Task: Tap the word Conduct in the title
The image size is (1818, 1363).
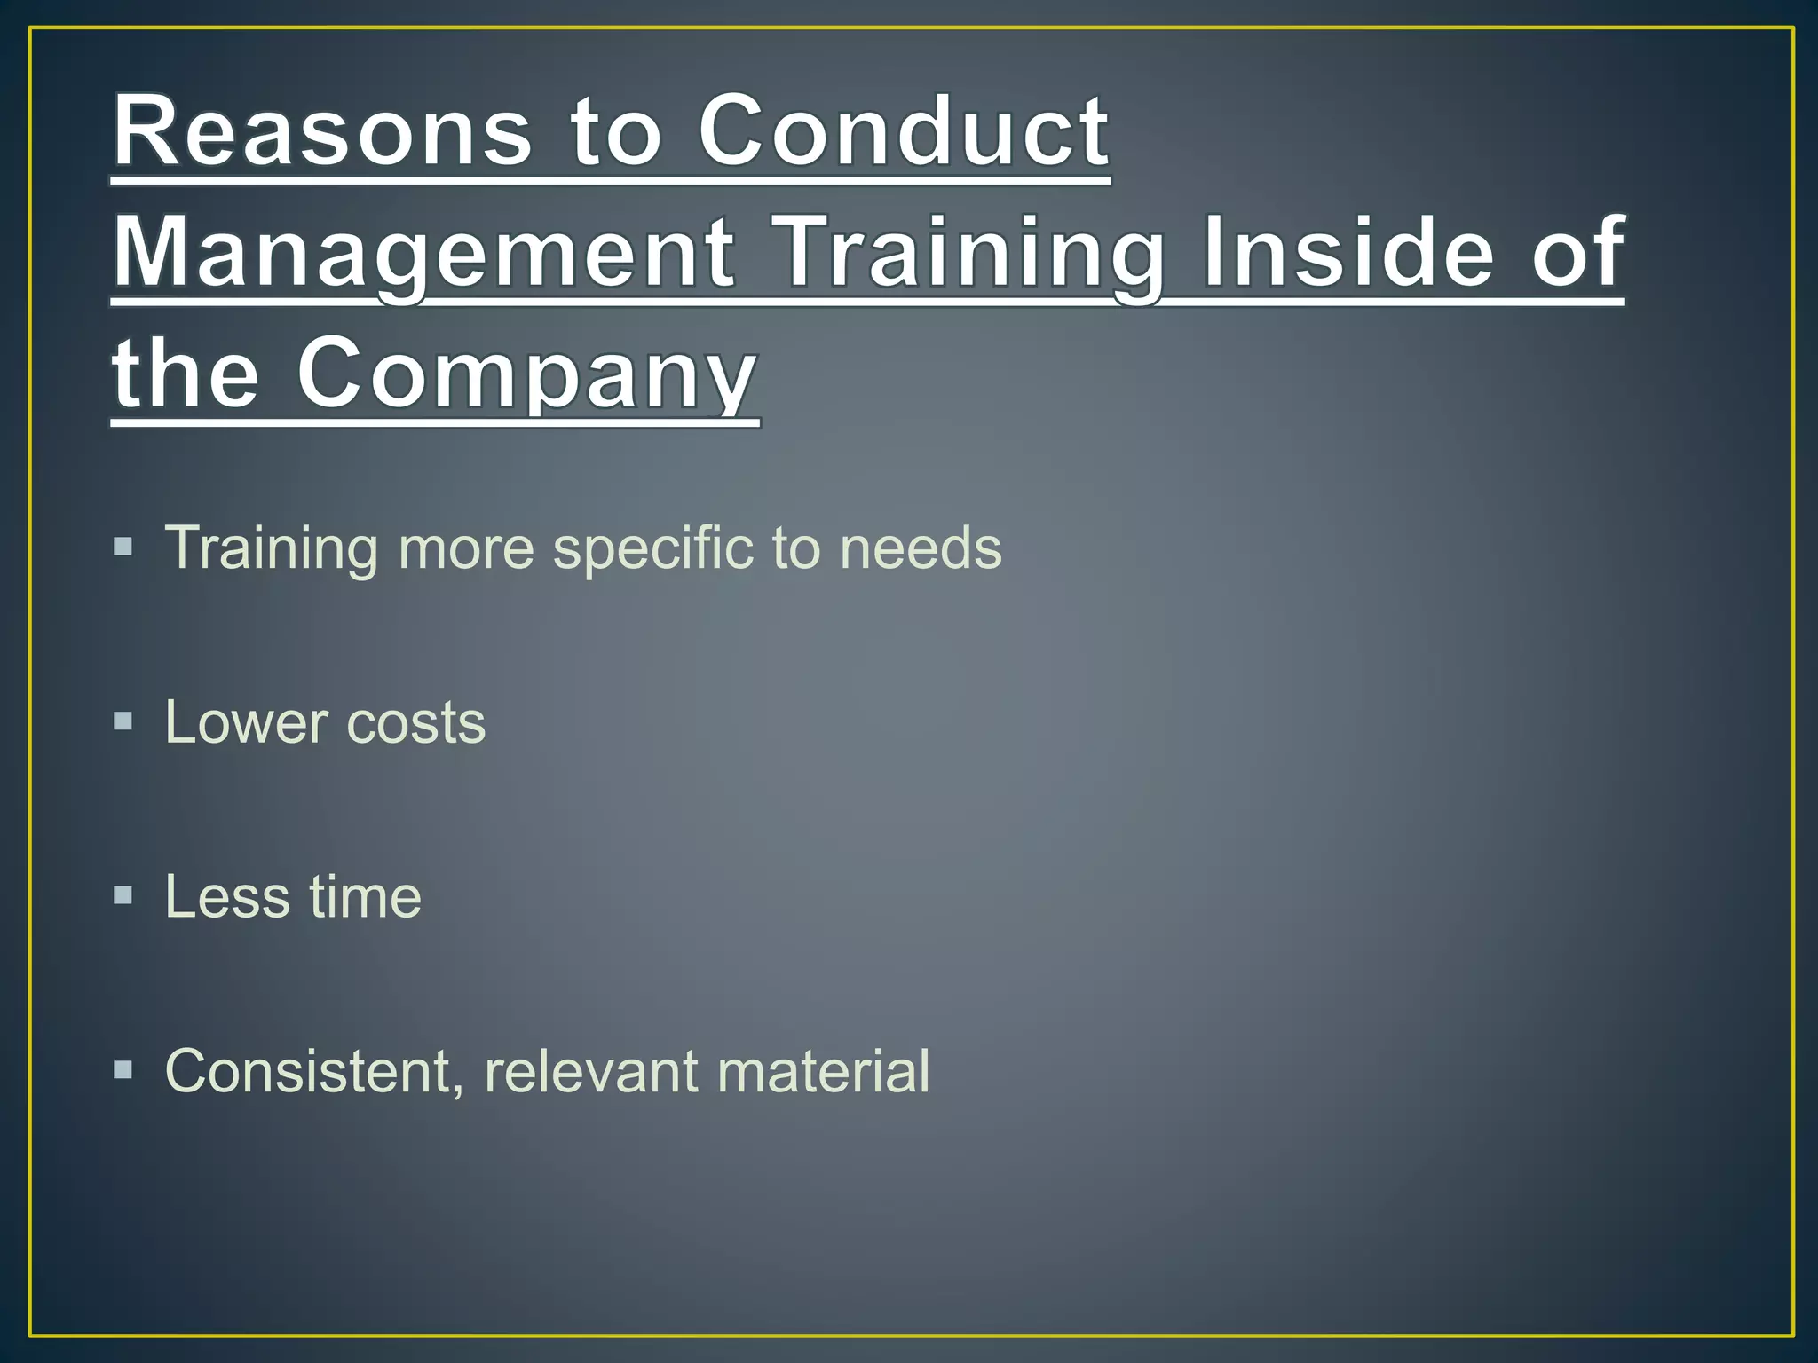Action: point(904,132)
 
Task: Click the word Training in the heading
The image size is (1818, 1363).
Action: point(968,254)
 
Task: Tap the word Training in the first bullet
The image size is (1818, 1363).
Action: point(272,548)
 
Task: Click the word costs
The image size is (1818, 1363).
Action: point(416,722)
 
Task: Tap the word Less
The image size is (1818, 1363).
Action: point(227,896)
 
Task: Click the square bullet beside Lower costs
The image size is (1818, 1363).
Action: point(123,720)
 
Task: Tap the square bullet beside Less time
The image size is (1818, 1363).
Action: point(123,894)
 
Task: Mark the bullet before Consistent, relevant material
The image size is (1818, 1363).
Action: point(123,1069)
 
